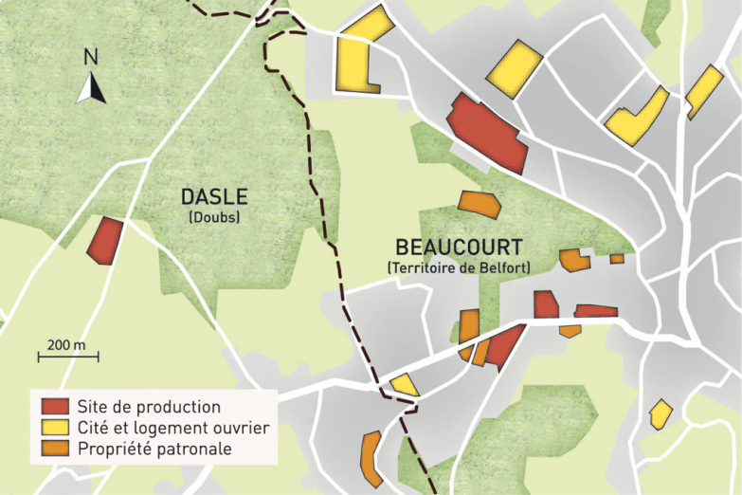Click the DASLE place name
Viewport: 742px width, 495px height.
point(214,197)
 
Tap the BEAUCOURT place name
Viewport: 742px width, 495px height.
point(458,247)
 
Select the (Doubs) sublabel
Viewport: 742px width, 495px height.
point(214,217)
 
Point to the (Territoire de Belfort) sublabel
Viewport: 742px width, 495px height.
point(458,268)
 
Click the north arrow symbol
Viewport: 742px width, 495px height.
point(91,87)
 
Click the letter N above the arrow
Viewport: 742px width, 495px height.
point(90,56)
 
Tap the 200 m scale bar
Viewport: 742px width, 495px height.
point(67,357)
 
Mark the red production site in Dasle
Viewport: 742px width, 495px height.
point(104,240)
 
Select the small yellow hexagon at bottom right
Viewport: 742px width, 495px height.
point(661,413)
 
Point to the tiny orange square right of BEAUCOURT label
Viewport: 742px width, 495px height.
point(617,258)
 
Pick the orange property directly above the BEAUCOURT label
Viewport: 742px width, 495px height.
point(478,203)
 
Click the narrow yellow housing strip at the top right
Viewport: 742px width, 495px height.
point(704,91)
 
